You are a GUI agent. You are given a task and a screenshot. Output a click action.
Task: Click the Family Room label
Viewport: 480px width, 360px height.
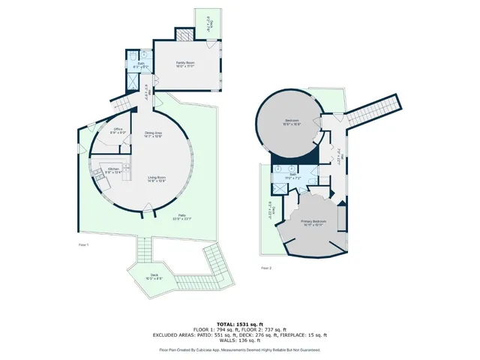pyautogui.click(x=185, y=64)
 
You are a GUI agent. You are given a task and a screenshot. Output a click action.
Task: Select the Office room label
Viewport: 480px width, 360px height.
pyautogui.click(x=118, y=131)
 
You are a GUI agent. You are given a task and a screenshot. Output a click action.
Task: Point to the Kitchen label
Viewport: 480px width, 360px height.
pyautogui.click(x=112, y=170)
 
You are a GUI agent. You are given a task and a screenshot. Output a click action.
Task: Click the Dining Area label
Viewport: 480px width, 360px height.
pyautogui.click(x=154, y=134)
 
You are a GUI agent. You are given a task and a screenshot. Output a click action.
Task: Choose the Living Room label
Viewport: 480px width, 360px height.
pyautogui.click(x=157, y=179)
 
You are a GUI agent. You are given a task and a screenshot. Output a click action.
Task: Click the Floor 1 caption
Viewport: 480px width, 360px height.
pyautogui.click(x=83, y=244)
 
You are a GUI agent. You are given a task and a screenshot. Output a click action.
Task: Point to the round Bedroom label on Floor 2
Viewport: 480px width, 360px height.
pyautogui.click(x=292, y=121)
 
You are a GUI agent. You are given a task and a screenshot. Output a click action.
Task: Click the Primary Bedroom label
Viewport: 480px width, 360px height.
pyautogui.click(x=313, y=223)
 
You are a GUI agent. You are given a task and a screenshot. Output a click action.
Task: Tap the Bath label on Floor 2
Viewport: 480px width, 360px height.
pyautogui.click(x=292, y=177)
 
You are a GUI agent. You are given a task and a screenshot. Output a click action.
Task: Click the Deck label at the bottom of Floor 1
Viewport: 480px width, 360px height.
pyautogui.click(x=154, y=277)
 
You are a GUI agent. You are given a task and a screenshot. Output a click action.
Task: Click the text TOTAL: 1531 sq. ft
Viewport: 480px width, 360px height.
pyautogui.click(x=239, y=322)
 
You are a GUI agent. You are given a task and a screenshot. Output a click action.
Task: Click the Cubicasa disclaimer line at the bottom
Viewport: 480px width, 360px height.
pyautogui.click(x=239, y=349)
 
